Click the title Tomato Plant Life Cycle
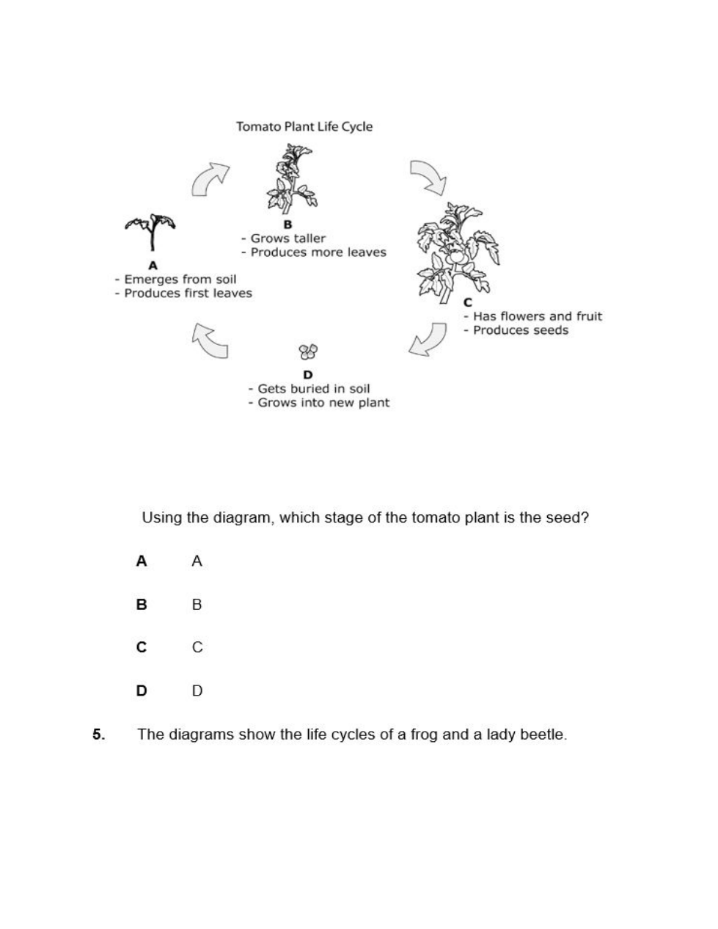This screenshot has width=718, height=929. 304,126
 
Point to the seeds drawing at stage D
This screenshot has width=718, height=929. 308,352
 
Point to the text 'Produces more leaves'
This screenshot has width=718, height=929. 318,252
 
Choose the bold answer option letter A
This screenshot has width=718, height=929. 142,561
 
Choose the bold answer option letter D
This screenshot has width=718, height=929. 142,691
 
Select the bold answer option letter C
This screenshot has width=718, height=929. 142,647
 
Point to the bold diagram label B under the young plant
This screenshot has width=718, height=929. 287,225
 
